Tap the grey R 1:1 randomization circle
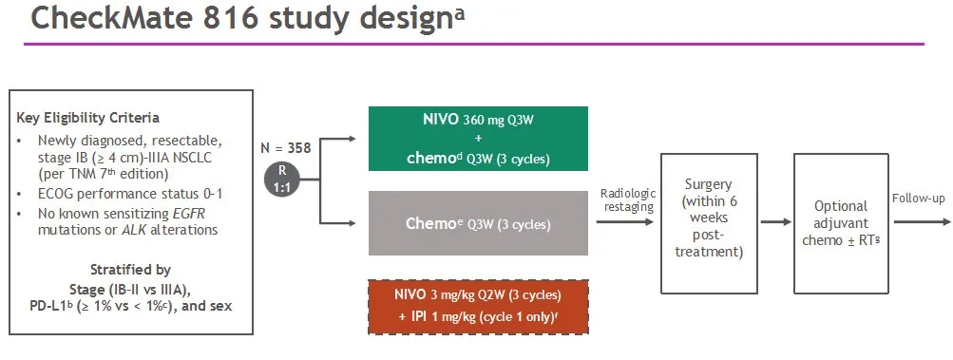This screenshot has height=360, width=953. pyautogui.click(x=281, y=180)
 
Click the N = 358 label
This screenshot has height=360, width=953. pyautogui.click(x=286, y=148)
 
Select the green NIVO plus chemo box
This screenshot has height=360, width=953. pyautogui.click(x=478, y=139)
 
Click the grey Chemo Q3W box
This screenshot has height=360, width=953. pyautogui.click(x=478, y=223)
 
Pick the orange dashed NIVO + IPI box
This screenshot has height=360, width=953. pyautogui.click(x=478, y=307)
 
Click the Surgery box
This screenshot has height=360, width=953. pyautogui.click(x=709, y=223)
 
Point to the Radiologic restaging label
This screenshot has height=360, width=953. pyautogui.click(x=628, y=200)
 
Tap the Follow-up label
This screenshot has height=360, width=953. pyautogui.click(x=919, y=199)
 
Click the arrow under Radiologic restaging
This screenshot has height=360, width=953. pyautogui.click(x=625, y=222)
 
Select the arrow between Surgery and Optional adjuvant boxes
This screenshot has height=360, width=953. pyautogui.click(x=776, y=222)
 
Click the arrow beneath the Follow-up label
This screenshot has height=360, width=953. pyautogui.click(x=922, y=222)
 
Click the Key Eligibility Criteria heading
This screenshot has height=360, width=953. pyautogui.click(x=87, y=118)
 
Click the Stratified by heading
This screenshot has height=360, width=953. pyautogui.click(x=131, y=270)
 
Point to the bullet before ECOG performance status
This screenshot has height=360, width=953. pyautogui.click(x=19, y=195)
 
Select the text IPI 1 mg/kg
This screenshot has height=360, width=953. pyautogui.click(x=437, y=316)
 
